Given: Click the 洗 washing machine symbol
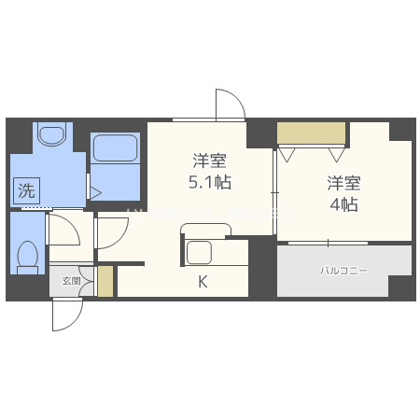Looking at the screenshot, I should click(27, 191).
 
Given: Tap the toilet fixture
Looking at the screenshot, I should click(28, 255).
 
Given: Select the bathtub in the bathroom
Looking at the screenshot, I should click(116, 148).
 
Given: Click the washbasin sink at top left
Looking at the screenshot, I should click(50, 136).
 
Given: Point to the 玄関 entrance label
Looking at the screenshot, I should click(72, 280).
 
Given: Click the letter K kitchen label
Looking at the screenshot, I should click(202, 281).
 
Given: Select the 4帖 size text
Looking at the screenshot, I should click(343, 205).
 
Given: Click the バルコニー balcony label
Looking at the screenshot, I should click(344, 271).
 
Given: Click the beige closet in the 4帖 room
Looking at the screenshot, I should click(312, 133).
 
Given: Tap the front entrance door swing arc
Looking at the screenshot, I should click(65, 315).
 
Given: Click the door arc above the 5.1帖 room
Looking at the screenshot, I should click(229, 104).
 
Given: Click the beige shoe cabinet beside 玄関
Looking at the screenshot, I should click(105, 282).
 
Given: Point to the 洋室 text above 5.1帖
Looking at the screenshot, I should click(210, 159).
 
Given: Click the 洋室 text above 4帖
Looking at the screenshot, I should click(343, 183).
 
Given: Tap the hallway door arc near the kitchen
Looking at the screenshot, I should click(110, 232).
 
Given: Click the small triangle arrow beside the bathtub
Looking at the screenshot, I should click(94, 191).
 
